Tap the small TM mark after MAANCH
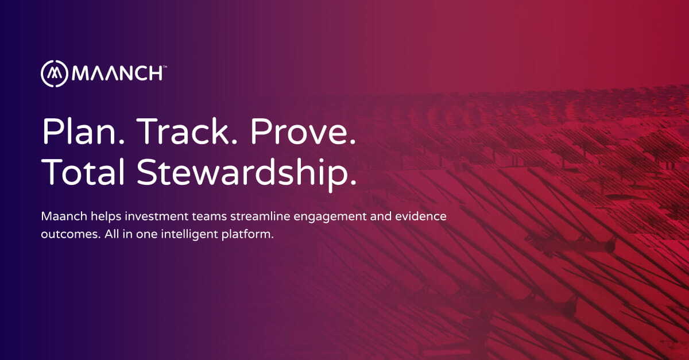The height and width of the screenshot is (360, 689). coord(165,67)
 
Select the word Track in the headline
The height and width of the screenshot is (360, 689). coord(183,133)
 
